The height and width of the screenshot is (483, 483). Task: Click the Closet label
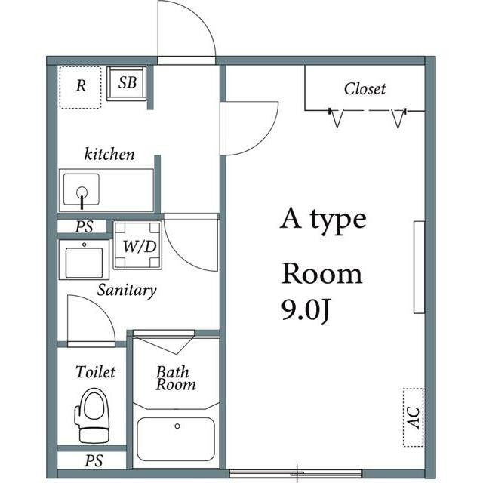point(365,89)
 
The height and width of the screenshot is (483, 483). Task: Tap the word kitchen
point(109,154)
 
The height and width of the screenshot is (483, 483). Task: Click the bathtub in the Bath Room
point(176,439)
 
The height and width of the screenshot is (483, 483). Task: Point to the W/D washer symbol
point(137,245)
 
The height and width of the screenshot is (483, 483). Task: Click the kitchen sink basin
point(82,189)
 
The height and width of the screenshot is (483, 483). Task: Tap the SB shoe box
point(126,84)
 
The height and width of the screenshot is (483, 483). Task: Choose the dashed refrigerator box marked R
point(81,88)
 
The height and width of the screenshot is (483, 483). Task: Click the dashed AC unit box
point(414,417)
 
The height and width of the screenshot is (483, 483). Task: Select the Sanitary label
point(127,290)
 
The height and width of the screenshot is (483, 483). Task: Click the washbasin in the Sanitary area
point(84,260)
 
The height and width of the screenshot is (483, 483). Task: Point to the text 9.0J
point(306,310)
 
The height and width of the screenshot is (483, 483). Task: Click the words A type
point(323,220)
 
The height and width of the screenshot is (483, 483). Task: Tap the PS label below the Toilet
point(94,461)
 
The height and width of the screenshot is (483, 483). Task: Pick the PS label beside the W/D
point(84,226)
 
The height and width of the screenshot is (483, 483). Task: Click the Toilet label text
point(96,372)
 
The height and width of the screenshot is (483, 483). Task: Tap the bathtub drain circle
point(177,426)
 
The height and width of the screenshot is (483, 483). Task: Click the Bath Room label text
point(175,378)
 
